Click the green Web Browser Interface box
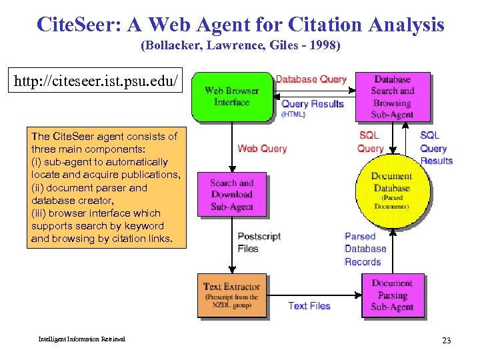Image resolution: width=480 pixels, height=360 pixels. click(231, 97)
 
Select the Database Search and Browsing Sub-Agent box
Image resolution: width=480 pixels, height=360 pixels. click(392, 96)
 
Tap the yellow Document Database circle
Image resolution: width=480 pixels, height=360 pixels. click(391, 191)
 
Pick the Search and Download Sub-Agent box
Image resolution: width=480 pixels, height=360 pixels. click(231, 195)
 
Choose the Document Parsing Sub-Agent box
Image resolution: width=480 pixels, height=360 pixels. click(392, 295)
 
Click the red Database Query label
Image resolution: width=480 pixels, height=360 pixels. click(311, 79)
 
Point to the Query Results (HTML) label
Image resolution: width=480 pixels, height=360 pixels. click(312, 108)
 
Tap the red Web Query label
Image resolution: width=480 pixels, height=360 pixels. click(262, 148)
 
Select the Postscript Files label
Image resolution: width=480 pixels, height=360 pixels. click(259, 243)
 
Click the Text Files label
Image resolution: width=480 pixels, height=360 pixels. click(309, 305)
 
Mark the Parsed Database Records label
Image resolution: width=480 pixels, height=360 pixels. click(365, 249)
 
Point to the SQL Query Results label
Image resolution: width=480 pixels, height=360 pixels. click(436, 148)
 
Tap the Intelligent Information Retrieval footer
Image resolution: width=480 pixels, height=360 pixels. click(81, 339)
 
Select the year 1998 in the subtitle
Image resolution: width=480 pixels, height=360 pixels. click(323, 46)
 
